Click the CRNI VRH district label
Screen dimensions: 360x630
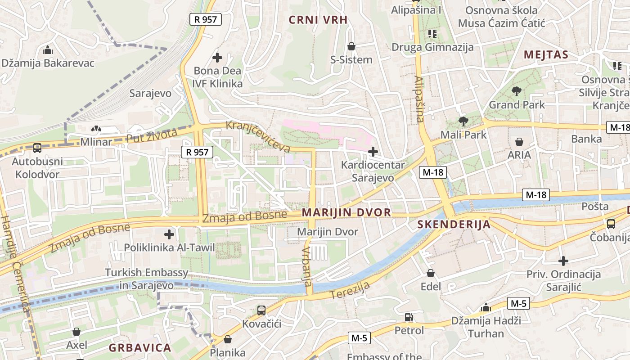pos(318,20)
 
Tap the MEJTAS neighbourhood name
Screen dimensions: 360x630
pos(546,55)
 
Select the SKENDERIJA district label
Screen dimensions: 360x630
pos(454,225)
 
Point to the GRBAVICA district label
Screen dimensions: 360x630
pos(140,348)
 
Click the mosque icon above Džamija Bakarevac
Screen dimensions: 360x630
pos(48,50)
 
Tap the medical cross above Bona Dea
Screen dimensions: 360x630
pos(217,58)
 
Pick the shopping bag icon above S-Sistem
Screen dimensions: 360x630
pos(351,46)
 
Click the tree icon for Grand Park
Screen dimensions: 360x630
pos(517,92)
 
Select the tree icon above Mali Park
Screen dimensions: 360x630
pos(463,121)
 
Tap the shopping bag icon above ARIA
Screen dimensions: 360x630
pos(519,142)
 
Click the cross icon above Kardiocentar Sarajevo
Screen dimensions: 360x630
pos(373,152)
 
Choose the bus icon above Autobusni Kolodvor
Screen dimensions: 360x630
pos(37,148)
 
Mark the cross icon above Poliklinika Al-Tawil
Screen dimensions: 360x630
pos(169,234)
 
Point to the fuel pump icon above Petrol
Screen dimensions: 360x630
pos(409,317)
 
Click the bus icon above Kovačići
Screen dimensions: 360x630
pos(261,310)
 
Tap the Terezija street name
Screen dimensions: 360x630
pos(350,290)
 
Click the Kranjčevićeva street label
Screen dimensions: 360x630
pos(258,135)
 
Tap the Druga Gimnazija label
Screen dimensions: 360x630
pos(432,47)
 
